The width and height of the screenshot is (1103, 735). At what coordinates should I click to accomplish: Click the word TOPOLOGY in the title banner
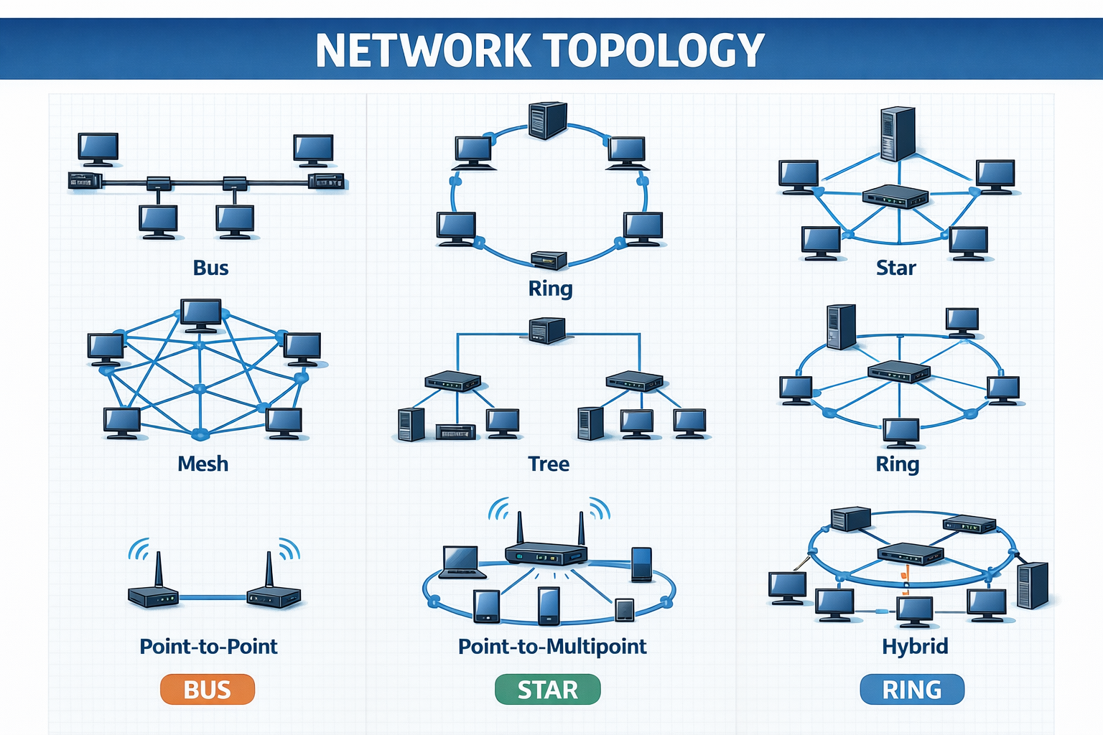[653, 50]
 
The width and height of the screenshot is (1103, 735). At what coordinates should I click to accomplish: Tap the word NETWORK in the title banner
[422, 50]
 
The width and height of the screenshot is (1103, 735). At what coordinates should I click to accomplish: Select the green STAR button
[547, 690]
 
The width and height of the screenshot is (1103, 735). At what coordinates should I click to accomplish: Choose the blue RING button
[911, 690]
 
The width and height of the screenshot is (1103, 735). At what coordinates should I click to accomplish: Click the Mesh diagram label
[203, 464]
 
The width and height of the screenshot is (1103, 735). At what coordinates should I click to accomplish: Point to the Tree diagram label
[549, 464]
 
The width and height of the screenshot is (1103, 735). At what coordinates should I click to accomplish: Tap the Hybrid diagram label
[914, 646]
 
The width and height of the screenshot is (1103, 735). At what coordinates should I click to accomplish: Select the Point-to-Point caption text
[208, 646]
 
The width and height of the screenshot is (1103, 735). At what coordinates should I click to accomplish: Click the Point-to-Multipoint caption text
[552, 646]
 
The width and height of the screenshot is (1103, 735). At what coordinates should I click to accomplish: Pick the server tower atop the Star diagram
[898, 134]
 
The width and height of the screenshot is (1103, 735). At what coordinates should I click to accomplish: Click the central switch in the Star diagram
[895, 196]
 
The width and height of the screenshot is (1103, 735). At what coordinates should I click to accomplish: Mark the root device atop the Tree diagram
[546, 330]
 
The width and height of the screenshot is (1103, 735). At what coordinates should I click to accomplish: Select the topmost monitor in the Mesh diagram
[201, 314]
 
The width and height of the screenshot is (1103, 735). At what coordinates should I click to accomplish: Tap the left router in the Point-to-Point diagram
[153, 595]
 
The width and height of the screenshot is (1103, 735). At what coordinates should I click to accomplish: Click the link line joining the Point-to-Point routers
[213, 596]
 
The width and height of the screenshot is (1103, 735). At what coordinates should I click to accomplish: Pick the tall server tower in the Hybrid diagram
[1033, 585]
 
